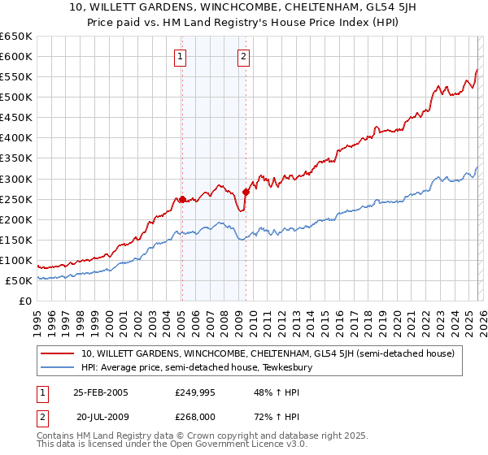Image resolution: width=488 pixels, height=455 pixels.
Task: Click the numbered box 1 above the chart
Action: click(x=180, y=56)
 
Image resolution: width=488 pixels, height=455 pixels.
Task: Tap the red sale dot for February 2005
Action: click(x=181, y=198)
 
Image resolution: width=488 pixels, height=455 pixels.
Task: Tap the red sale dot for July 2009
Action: click(x=246, y=192)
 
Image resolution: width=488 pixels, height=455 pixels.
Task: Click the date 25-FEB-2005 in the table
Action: click(x=101, y=392)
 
